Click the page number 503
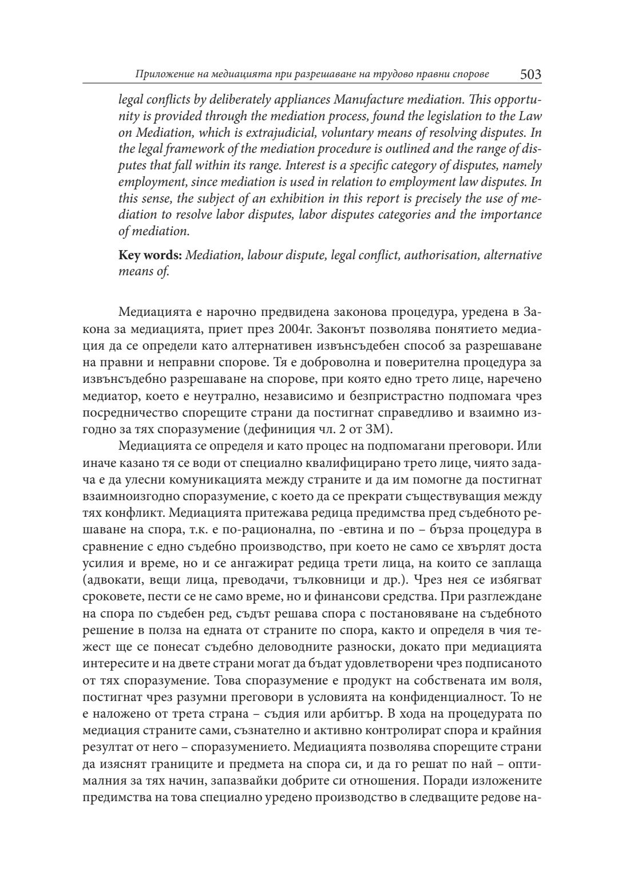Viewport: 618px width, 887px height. [530, 74]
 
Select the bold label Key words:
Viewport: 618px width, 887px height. [150, 255]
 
